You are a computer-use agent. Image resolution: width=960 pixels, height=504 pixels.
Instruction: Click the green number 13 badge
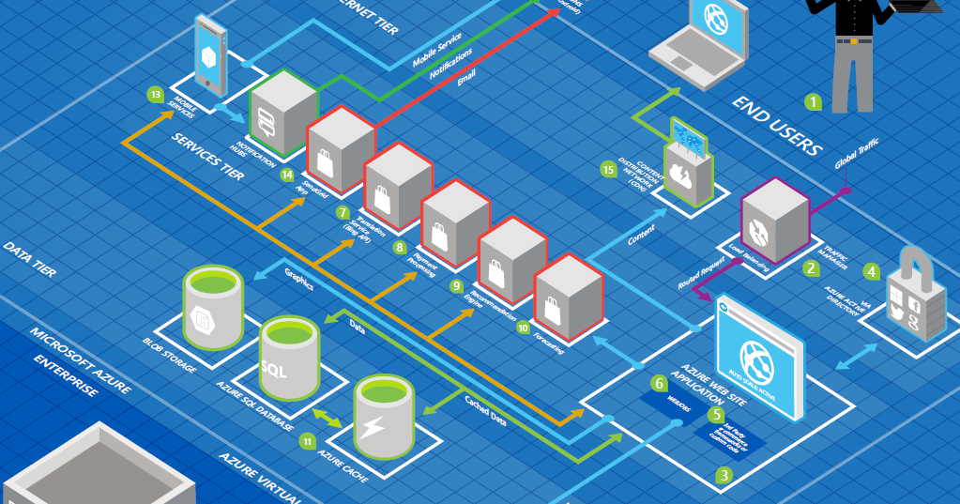pos(156,94)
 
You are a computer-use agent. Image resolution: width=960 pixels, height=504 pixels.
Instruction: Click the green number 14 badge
pos(287,174)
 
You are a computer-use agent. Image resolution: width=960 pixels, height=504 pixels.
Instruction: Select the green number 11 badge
pos(308,439)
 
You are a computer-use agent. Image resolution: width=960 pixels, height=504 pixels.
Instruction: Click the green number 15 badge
pos(608,169)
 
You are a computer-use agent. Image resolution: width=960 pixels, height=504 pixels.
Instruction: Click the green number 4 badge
pos(872,271)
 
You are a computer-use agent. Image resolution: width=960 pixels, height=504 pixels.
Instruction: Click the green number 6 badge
pos(660,383)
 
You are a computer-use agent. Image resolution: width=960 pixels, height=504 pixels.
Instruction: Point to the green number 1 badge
pos(813,100)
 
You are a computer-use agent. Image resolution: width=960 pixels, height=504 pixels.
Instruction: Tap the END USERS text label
pos(778,125)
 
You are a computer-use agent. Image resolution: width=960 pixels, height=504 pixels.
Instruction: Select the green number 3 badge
pos(723,475)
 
